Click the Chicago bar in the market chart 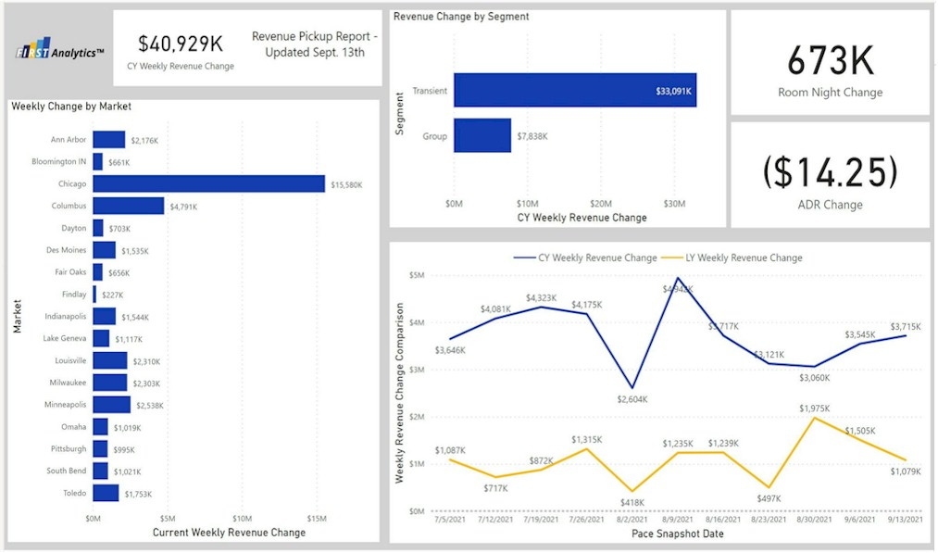click(x=208, y=183)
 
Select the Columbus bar click(x=128, y=206)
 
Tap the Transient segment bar click(x=574, y=91)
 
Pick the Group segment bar click(x=482, y=135)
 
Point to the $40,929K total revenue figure click(x=180, y=43)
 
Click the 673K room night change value click(x=830, y=61)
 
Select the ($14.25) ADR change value click(x=830, y=172)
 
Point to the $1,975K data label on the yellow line click(x=816, y=408)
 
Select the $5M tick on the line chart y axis click(x=416, y=275)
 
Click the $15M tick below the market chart click(x=317, y=518)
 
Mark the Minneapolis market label click(x=66, y=405)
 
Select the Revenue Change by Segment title click(x=447, y=17)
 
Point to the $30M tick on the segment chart click(x=674, y=203)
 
